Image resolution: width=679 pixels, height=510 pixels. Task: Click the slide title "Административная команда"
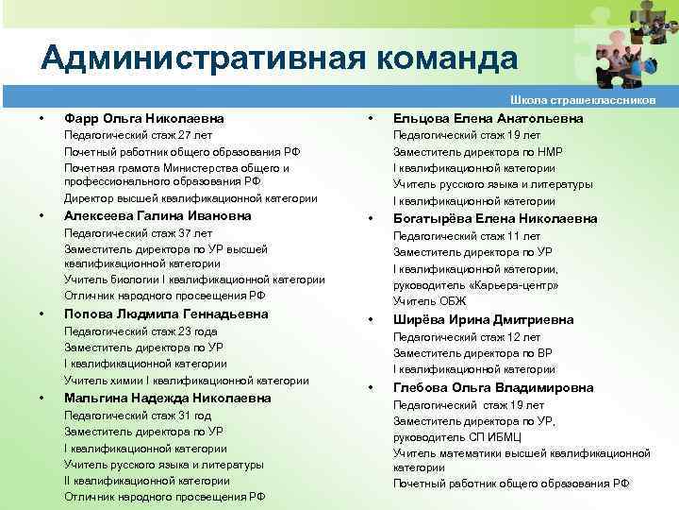(x=279, y=59)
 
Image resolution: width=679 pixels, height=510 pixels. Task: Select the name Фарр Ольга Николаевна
(x=144, y=118)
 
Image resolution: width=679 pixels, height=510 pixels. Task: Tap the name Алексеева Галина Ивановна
(x=157, y=215)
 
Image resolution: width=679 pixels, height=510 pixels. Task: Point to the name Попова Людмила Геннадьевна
(x=165, y=314)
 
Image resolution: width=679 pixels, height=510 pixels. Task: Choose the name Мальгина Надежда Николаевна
(x=167, y=398)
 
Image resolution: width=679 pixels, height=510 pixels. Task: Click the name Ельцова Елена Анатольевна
(x=488, y=118)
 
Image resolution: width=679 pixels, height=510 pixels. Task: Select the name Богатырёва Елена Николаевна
(x=495, y=218)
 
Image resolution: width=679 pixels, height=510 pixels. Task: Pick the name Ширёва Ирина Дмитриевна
(x=483, y=319)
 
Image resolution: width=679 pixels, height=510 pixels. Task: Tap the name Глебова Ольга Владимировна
(x=493, y=387)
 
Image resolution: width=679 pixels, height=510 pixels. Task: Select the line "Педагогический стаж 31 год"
(x=131, y=416)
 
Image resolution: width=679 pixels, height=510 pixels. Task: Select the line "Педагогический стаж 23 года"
(x=141, y=331)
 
